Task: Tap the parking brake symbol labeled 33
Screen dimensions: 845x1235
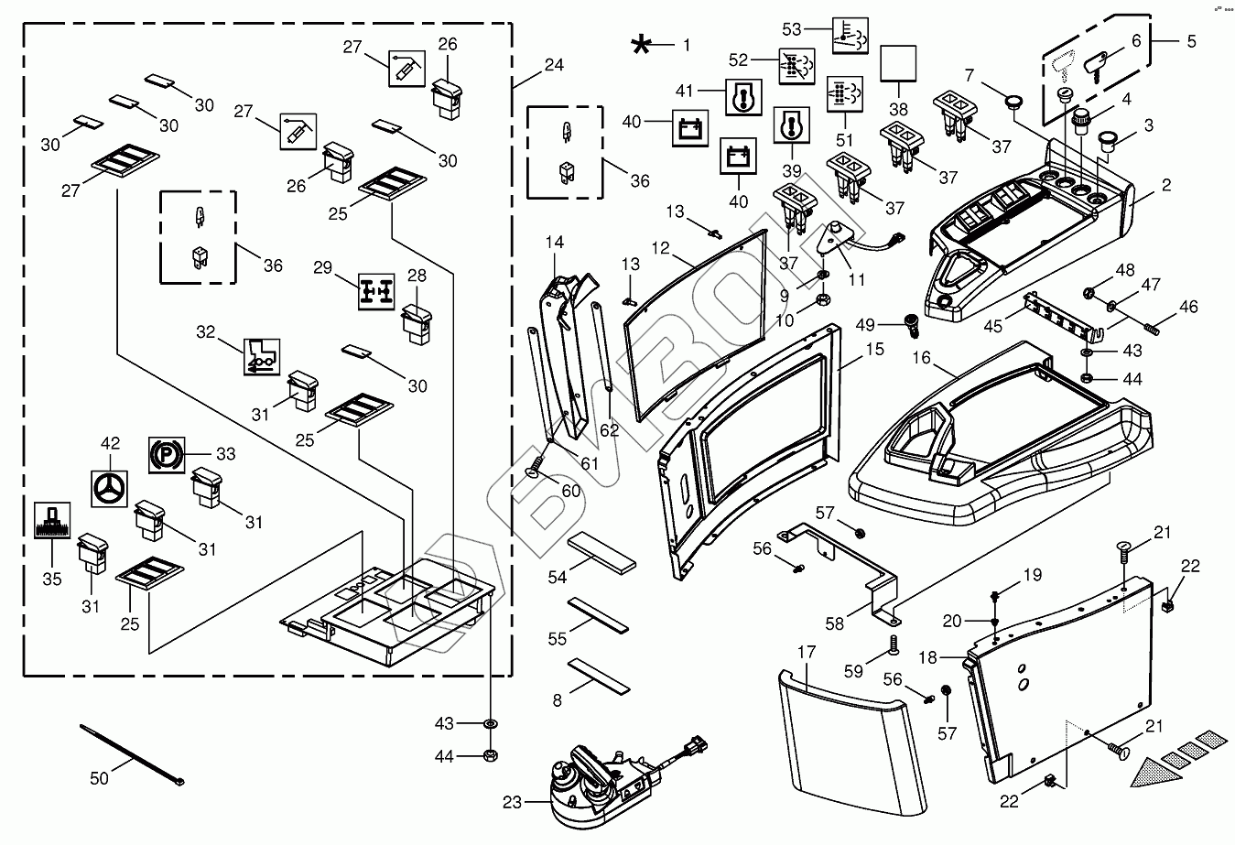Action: [x=166, y=453]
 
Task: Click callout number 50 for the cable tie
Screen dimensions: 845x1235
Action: [x=99, y=778]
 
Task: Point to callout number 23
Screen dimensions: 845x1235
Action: [x=512, y=803]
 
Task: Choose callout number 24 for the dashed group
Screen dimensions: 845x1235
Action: [x=554, y=65]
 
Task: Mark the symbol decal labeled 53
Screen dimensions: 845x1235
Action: [x=850, y=35]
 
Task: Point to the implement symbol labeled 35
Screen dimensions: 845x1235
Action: [x=51, y=522]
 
